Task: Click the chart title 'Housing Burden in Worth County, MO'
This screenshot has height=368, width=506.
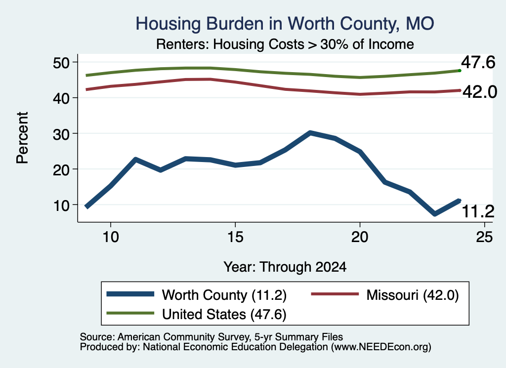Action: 285,24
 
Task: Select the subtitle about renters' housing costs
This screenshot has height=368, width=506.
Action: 285,44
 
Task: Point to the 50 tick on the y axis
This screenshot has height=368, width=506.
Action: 61,62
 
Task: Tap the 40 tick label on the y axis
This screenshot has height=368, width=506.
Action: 61,98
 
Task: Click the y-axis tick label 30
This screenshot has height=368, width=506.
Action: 61,133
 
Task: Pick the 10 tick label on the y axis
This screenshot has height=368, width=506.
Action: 61,205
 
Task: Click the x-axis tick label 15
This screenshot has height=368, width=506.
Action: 235,237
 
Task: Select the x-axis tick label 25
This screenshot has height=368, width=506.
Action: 484,237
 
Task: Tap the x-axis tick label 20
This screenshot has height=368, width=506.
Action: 360,237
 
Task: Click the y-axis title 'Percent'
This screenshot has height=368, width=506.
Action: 23,138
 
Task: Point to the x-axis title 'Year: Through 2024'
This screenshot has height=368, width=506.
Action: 285,267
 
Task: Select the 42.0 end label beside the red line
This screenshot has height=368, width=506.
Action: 480,92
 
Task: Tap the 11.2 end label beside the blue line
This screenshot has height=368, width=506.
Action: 478,211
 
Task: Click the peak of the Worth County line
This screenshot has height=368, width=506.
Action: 310,132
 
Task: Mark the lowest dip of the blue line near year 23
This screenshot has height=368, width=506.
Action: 435,214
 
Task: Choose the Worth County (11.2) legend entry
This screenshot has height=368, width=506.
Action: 197,295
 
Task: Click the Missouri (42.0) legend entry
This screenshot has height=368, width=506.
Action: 384,295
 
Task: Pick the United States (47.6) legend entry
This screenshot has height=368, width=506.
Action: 197,314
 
